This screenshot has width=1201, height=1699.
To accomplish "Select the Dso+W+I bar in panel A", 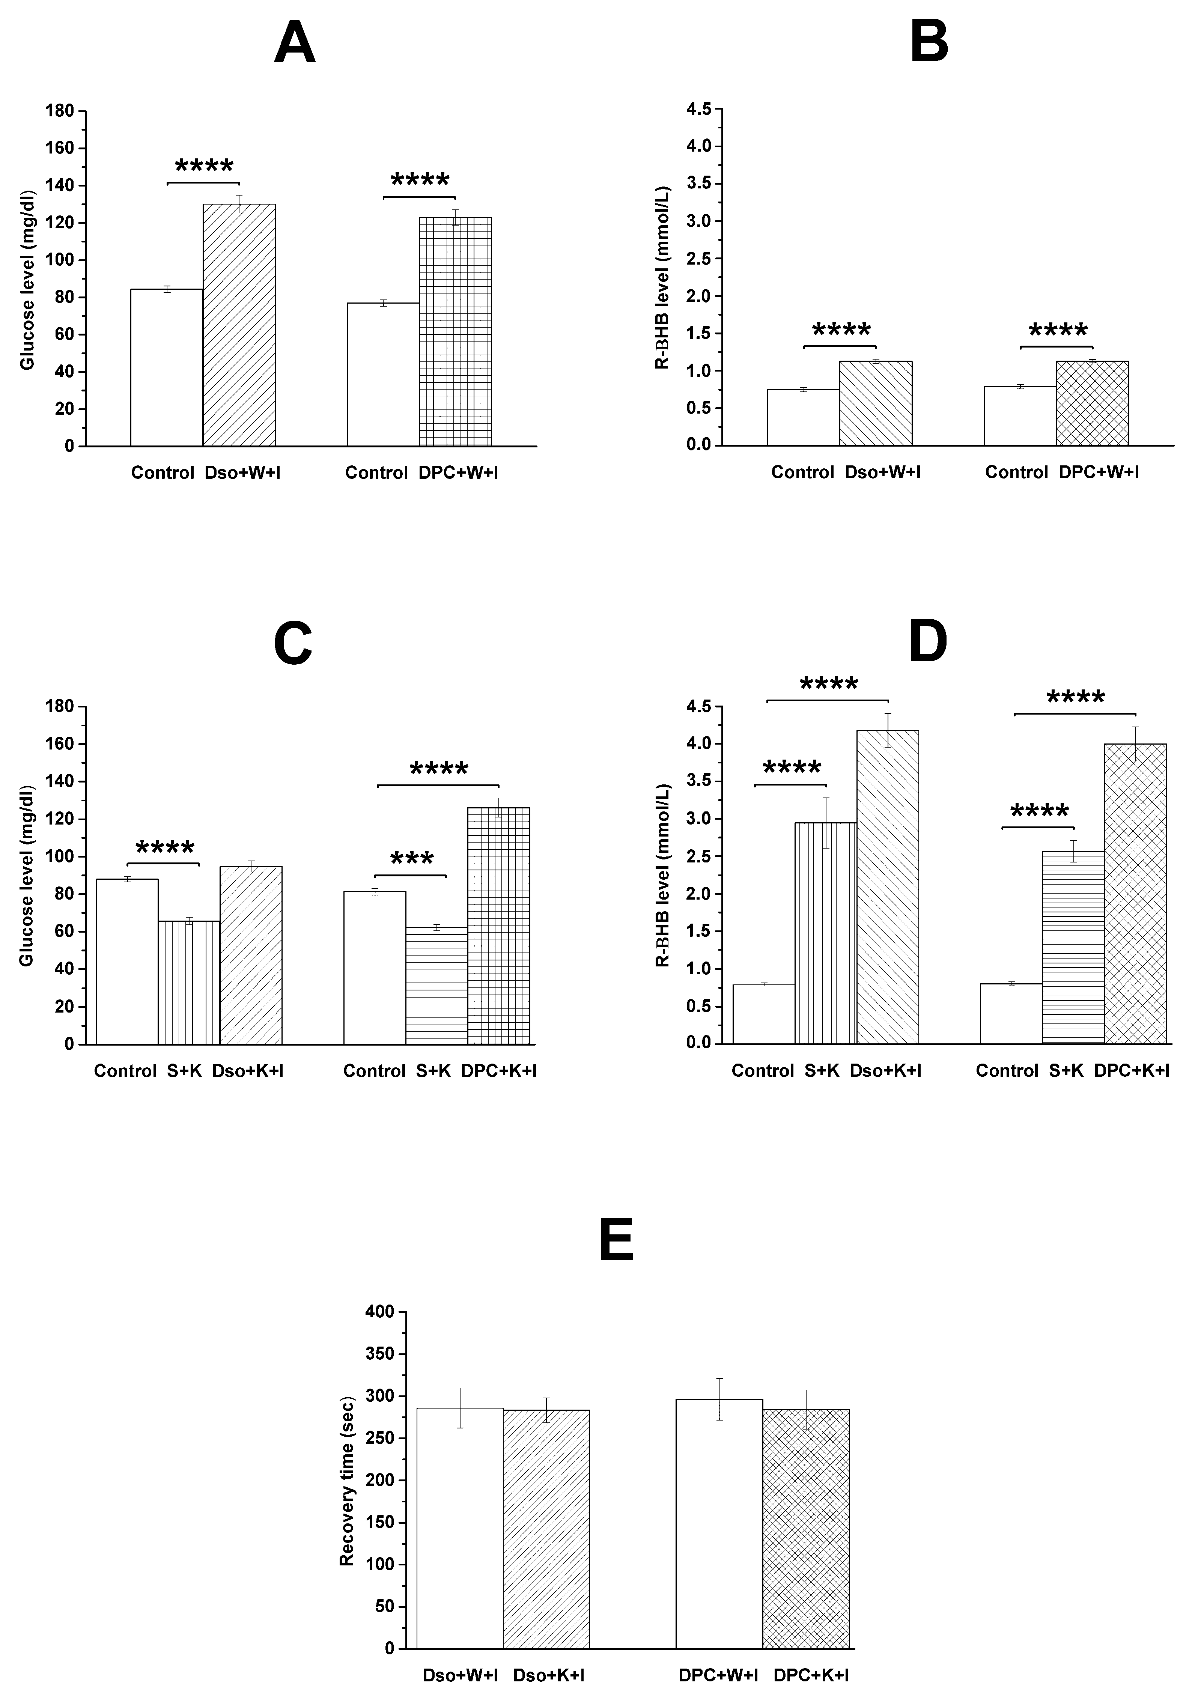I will [239, 326].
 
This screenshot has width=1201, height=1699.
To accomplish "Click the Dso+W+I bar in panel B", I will [875, 403].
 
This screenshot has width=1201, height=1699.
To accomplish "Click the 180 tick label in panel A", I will [60, 111].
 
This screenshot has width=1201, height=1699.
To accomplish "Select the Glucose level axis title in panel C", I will [27, 876].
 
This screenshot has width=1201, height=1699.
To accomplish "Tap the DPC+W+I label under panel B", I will [1098, 472].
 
